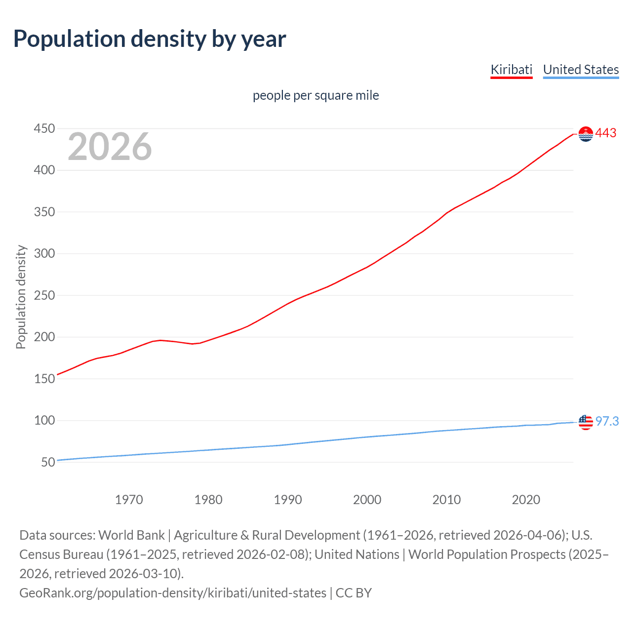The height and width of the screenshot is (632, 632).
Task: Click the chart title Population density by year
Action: click(149, 39)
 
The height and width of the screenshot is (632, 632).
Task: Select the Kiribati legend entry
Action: click(511, 70)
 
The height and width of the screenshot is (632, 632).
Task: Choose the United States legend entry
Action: click(581, 70)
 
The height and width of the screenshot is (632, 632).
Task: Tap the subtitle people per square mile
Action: click(316, 95)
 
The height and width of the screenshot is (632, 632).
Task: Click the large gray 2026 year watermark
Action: click(110, 147)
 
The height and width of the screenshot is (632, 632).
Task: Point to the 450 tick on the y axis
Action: click(44, 129)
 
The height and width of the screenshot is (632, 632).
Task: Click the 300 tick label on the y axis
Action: click(44, 254)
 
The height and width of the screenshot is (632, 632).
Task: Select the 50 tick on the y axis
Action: click(48, 463)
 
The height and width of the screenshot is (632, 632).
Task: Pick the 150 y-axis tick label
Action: click(44, 379)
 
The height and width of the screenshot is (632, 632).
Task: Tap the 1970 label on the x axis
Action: click(129, 500)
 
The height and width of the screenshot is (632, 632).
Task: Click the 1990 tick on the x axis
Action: click(288, 500)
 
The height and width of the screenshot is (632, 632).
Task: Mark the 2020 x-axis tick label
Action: click(526, 500)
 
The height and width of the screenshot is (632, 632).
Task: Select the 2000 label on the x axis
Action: click(367, 500)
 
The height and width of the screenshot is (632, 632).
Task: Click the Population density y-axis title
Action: click(21, 297)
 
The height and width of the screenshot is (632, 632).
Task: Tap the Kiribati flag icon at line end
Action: click(586, 134)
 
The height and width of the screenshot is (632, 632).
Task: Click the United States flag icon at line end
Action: click(586, 422)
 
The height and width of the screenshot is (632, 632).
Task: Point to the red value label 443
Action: click(606, 133)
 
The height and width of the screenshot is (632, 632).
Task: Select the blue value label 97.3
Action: click(607, 421)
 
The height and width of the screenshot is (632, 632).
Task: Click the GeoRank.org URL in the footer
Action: click(173, 592)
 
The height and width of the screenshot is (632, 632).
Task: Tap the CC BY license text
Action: click(354, 592)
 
